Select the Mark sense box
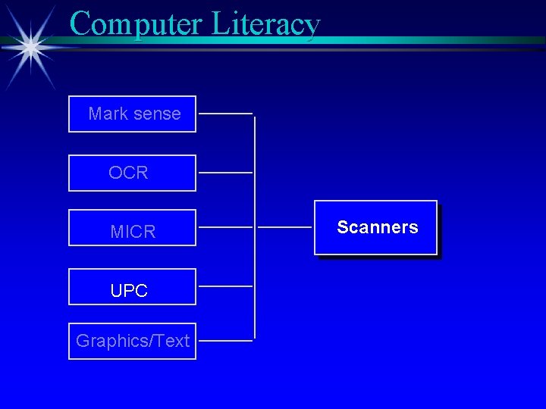point(132,114)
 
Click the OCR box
point(132,173)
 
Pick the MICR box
point(132,227)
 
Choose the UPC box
point(132,286)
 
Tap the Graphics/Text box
point(132,341)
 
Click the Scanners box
point(376,227)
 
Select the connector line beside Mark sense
point(225,114)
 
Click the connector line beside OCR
point(225,173)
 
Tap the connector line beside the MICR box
point(225,227)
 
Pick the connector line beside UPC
point(225,286)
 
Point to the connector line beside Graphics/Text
point(225,341)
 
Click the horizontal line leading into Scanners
point(284,227)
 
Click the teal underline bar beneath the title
point(303,40)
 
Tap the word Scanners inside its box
point(377,227)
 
